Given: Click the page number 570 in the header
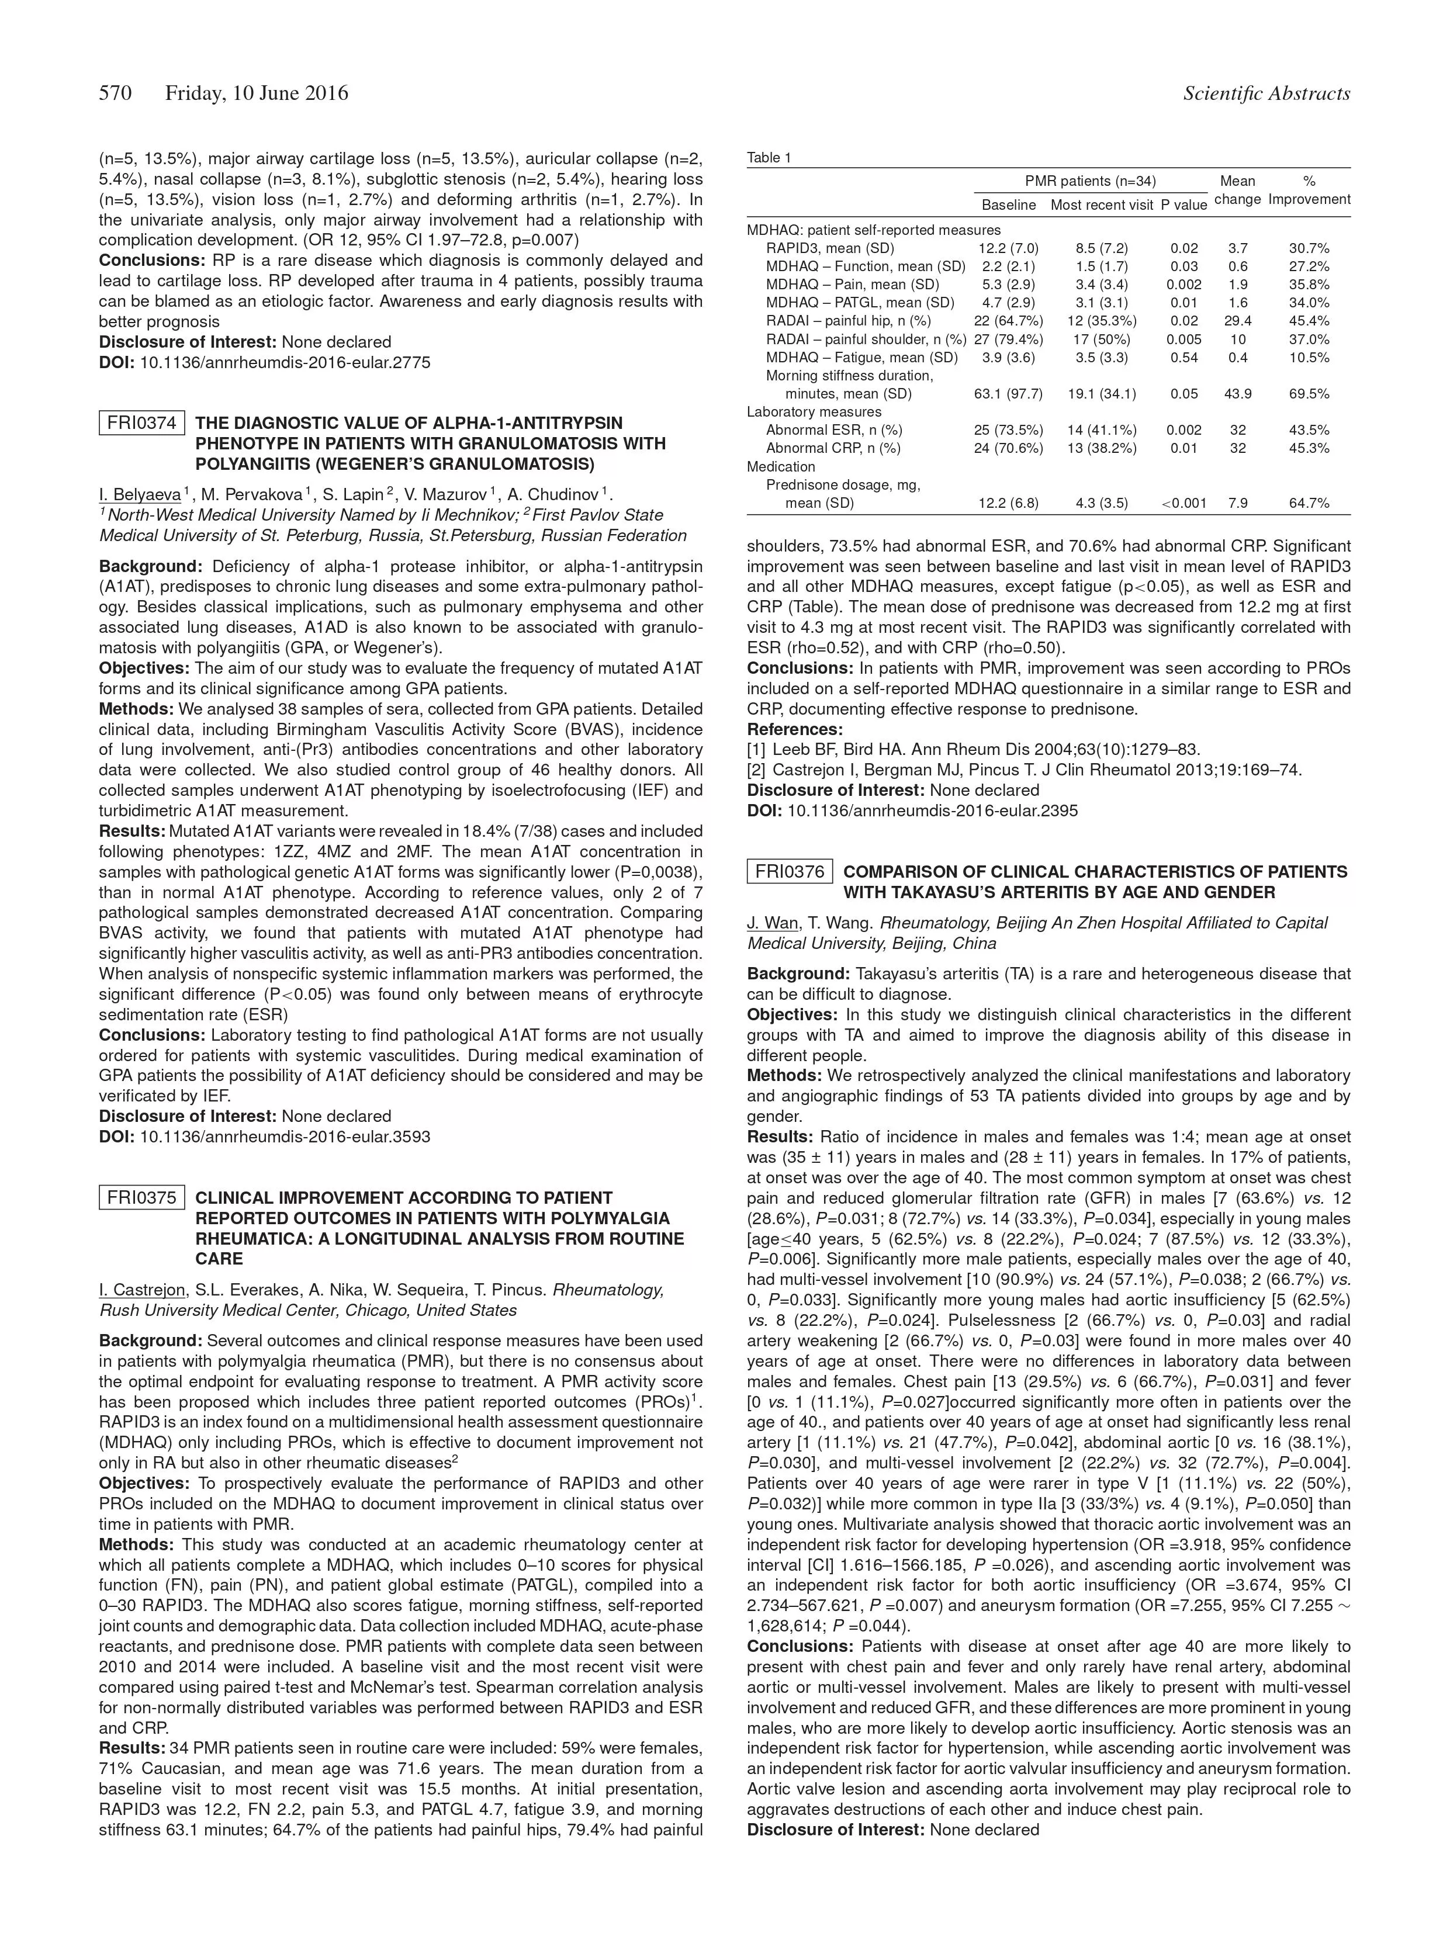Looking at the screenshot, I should click(x=115, y=93).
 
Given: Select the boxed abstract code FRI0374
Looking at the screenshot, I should click(x=141, y=424).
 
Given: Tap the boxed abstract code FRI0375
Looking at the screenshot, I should click(x=141, y=1198).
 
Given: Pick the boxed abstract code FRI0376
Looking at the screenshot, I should click(x=789, y=872).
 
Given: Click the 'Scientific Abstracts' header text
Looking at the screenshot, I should click(x=1266, y=93).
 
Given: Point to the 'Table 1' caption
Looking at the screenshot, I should click(x=769, y=158).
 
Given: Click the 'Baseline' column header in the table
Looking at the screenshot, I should click(x=1009, y=205).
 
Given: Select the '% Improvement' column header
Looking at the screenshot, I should click(x=1309, y=190).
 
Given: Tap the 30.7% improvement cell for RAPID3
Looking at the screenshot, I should click(x=1309, y=248).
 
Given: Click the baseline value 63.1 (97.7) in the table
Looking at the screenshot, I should click(x=1009, y=394).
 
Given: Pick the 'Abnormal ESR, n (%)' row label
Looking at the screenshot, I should click(x=834, y=430).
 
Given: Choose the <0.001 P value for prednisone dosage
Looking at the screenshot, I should click(x=1183, y=503).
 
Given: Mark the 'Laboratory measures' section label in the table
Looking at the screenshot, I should click(x=814, y=411).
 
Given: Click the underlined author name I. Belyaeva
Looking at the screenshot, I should click(x=140, y=494).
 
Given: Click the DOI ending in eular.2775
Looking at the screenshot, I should click(x=285, y=362).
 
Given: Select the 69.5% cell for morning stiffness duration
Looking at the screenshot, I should click(x=1309, y=394).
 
